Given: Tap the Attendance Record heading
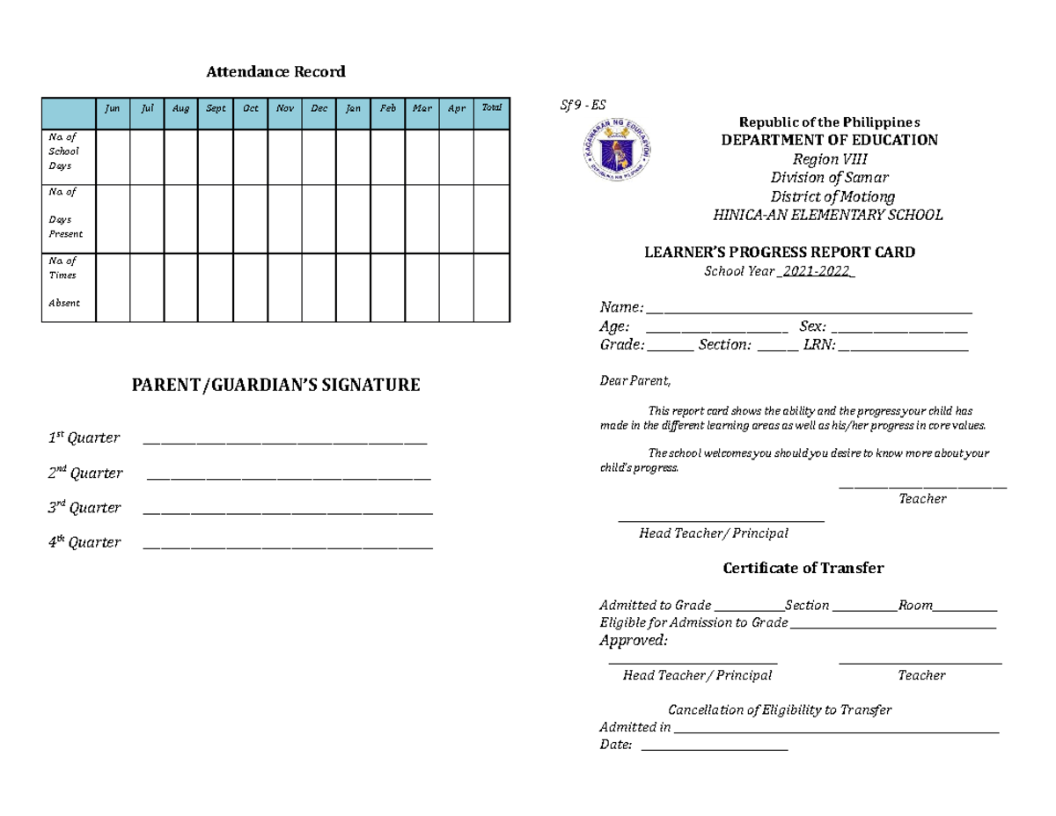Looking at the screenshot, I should pyautogui.click(x=275, y=72).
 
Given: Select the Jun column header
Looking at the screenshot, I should pyautogui.click(x=113, y=109).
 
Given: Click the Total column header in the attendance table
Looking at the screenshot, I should pyautogui.click(x=491, y=108).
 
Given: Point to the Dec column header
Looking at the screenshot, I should pyautogui.click(x=319, y=109).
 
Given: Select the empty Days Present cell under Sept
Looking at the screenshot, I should pyautogui.click(x=215, y=219).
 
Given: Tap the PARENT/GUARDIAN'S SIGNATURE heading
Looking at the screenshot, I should pyautogui.click(x=275, y=385).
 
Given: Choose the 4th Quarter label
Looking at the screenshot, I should pyautogui.click(x=84, y=542).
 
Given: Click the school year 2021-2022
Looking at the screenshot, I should pyautogui.click(x=817, y=271).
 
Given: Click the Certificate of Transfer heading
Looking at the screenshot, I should pyautogui.click(x=803, y=569).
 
